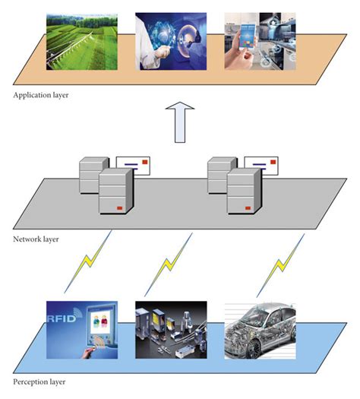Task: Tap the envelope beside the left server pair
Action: coord(133,166)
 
